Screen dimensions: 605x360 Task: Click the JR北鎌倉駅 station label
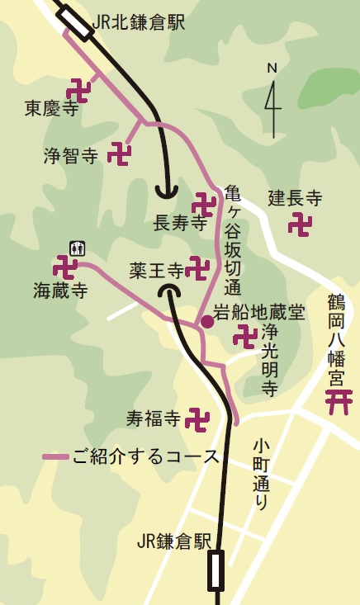click(140, 22)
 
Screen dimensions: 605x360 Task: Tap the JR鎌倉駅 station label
click(175, 542)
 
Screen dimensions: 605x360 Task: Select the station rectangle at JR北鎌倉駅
click(78, 24)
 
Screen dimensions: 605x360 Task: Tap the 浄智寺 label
click(71, 154)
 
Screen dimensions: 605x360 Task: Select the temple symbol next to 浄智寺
click(121, 154)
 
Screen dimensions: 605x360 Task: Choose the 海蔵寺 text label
click(61, 290)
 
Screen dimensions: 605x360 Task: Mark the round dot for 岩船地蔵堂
click(206, 321)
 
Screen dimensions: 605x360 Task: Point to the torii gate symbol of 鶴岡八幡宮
click(336, 403)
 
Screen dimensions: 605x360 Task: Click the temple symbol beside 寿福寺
click(197, 419)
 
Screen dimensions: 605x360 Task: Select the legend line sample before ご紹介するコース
click(55, 456)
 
